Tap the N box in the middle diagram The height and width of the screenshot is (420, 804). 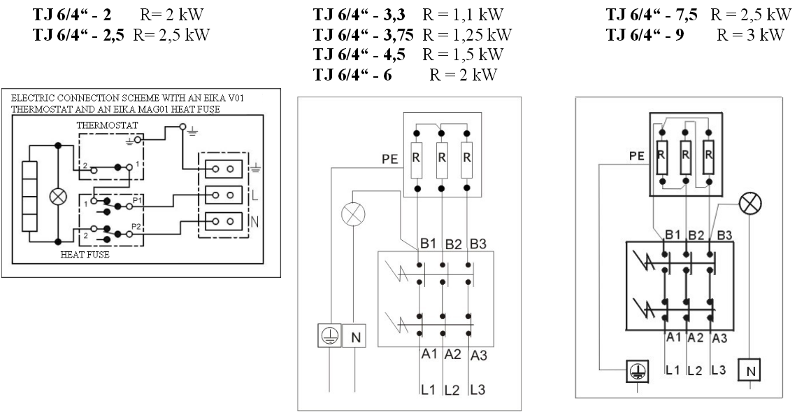354,337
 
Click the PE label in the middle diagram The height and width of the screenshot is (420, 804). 389,160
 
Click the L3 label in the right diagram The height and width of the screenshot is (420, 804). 717,369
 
